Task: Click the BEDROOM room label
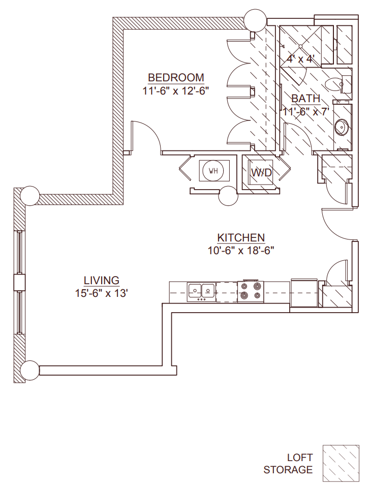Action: pos(176,78)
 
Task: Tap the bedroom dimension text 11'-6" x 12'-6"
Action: pos(176,90)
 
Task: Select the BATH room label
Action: pos(305,99)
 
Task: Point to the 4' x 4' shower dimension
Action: pos(302,59)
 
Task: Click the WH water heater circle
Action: pos(213,171)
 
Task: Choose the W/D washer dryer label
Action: pos(262,173)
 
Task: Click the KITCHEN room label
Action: pos(241,237)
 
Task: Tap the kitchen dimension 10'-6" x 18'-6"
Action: pos(241,250)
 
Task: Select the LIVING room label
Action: pos(102,280)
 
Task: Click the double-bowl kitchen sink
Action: pos(201,291)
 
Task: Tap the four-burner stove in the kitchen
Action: pos(250,290)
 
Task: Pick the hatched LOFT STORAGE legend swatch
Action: pos(340,464)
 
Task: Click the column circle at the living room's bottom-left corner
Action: pos(30,369)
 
